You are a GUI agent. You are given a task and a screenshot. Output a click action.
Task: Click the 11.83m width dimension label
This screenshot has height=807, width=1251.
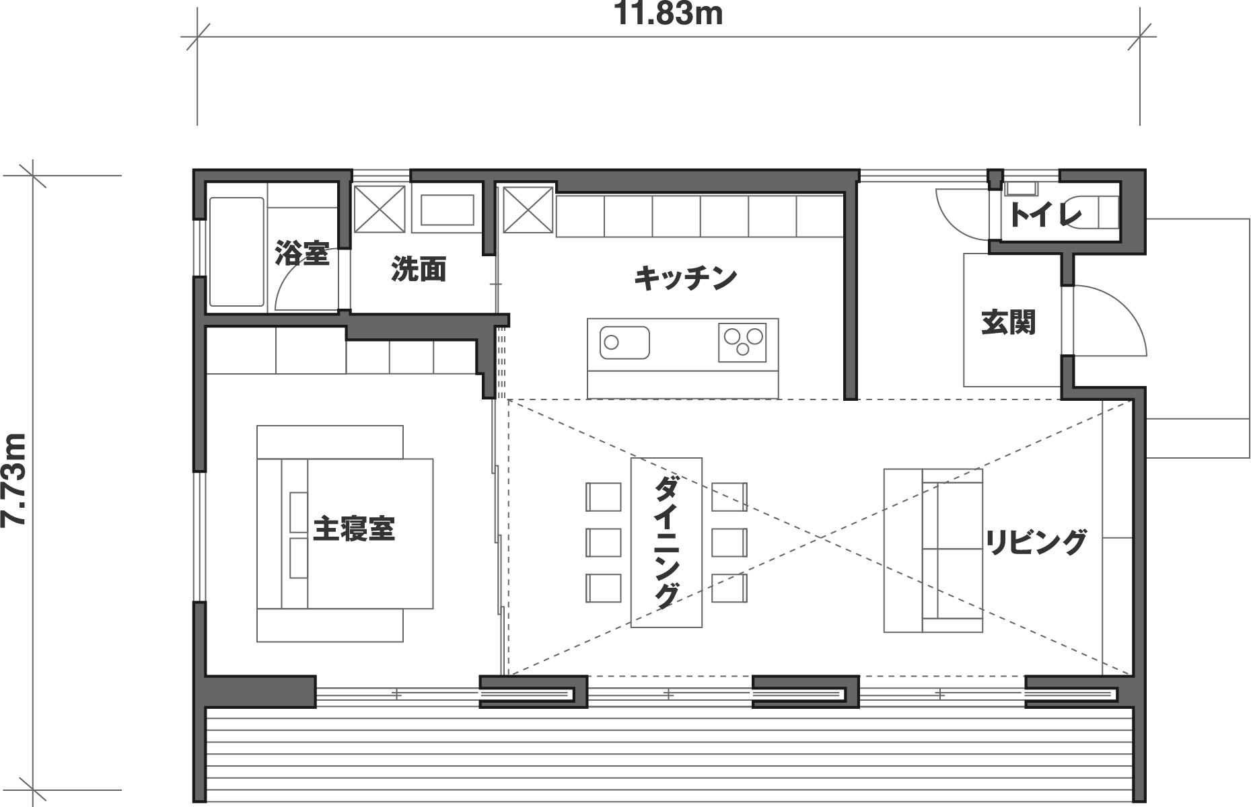click(x=668, y=14)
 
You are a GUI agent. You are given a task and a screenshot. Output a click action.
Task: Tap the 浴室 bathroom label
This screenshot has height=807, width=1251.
click(x=302, y=254)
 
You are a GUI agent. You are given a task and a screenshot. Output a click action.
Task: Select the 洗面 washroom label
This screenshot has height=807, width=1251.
click(x=419, y=269)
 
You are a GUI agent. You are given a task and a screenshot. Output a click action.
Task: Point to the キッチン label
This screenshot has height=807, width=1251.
click(x=685, y=278)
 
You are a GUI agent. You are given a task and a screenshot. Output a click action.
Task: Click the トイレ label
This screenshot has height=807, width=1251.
click(x=1045, y=215)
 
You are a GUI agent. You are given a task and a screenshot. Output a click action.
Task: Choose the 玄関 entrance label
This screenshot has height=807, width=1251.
click(x=1008, y=323)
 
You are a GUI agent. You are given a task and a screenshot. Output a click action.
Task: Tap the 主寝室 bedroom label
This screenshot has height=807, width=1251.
click(x=354, y=529)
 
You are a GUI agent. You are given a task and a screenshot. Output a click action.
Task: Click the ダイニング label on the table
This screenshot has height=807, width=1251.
click(x=666, y=541)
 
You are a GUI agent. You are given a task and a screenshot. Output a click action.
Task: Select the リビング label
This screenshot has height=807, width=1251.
click(x=1036, y=542)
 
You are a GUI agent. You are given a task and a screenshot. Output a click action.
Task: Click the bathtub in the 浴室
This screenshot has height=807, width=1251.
click(x=236, y=252)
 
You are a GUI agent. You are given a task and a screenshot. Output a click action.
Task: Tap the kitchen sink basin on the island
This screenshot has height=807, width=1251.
click(x=624, y=343)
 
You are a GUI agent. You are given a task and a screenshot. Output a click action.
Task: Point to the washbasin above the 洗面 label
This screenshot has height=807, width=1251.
click(x=447, y=210)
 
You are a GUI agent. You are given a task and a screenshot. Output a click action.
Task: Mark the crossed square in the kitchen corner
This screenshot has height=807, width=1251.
click(x=528, y=209)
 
